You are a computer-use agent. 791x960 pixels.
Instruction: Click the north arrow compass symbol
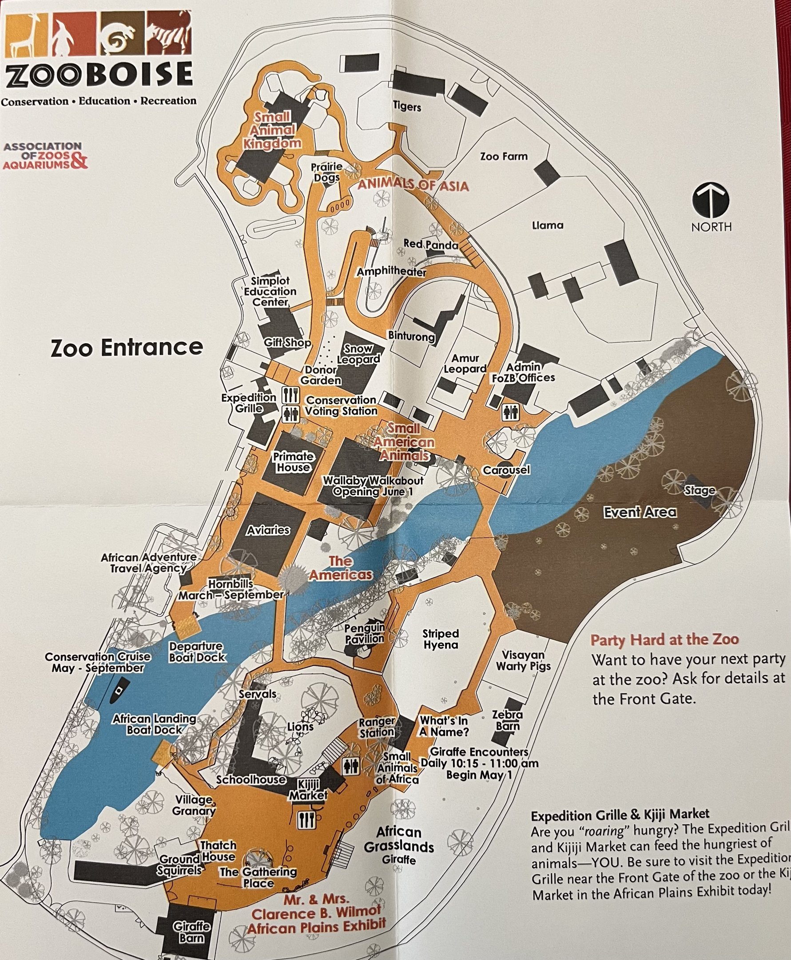[711, 201]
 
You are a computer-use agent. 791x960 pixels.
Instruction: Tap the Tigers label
[407, 107]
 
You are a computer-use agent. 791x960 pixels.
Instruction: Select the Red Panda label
[430, 244]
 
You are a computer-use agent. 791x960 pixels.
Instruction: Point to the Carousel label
[506, 469]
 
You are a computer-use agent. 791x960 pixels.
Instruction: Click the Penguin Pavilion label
[364, 634]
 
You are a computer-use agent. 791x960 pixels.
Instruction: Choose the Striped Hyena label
[440, 639]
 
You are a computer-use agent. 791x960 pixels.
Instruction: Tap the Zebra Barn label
[507, 720]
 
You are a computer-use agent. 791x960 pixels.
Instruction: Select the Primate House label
[293, 462]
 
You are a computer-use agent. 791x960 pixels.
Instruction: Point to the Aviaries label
[268, 530]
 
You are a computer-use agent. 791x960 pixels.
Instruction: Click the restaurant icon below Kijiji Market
[306, 820]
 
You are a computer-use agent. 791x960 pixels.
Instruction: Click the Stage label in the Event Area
[700, 491]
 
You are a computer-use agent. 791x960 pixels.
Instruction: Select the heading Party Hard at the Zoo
[664, 640]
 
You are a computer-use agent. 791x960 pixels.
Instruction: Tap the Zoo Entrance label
[127, 348]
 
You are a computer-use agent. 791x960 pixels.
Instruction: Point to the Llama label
[548, 225]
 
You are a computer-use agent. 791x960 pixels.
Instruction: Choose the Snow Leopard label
[358, 354]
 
